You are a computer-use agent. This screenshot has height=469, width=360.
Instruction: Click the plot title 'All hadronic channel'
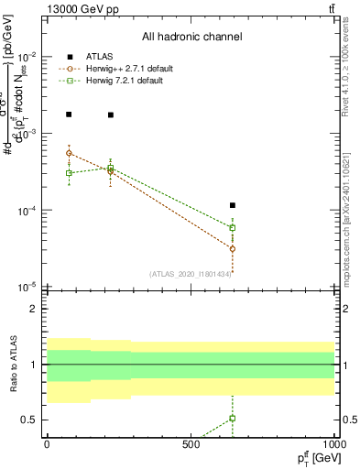pyautogui.click(x=191, y=38)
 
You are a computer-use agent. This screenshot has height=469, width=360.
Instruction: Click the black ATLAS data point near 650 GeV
pyautogui.click(x=233, y=205)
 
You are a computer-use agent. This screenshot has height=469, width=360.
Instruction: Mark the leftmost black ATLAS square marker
pyautogui.click(x=69, y=115)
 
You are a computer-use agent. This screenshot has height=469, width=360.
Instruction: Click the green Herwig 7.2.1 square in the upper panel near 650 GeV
pyautogui.click(x=233, y=228)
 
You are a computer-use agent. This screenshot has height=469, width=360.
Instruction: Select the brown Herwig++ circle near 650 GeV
pyautogui.click(x=233, y=248)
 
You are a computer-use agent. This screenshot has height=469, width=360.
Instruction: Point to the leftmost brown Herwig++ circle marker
pyautogui.click(x=69, y=153)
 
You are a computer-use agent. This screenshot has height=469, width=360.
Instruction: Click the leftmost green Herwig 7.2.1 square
pyautogui.click(x=69, y=172)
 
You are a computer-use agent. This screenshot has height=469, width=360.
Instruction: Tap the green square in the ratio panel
pyautogui.click(x=233, y=419)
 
